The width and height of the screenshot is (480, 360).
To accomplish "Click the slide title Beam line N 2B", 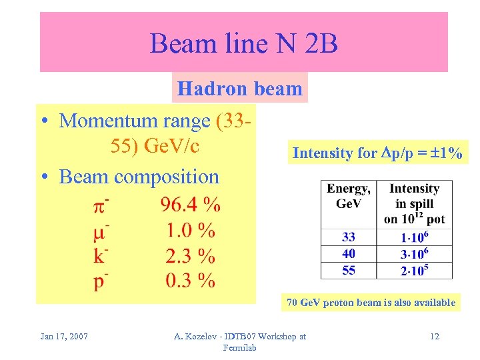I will pyautogui.click(x=244, y=44).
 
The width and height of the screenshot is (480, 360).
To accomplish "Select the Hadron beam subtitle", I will pyautogui.click(x=240, y=88).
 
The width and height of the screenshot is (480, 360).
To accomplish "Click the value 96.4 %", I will pyautogui.click(x=190, y=204).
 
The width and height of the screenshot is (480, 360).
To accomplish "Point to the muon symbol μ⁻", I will pyautogui.click(x=101, y=231).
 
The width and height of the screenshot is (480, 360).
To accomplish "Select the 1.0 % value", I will pyautogui.click(x=190, y=230).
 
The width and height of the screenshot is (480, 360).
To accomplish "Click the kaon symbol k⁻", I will pyautogui.click(x=101, y=256).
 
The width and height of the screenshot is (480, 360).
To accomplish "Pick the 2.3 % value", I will pyautogui.click(x=190, y=255).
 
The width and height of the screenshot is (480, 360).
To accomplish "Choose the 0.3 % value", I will pyautogui.click(x=190, y=281).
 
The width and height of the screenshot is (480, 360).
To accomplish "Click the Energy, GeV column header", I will pyautogui.click(x=349, y=196).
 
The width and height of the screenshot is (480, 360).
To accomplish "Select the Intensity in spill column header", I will pyautogui.click(x=414, y=203).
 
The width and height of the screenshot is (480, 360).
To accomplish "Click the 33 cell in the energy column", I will pyautogui.click(x=349, y=237).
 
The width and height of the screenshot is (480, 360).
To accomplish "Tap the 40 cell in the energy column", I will pyautogui.click(x=349, y=253).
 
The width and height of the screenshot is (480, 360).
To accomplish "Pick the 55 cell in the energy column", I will pyautogui.click(x=349, y=270).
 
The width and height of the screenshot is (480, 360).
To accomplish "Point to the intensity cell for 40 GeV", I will pyautogui.click(x=414, y=253).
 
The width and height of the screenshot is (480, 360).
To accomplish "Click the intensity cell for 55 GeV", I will pyautogui.click(x=414, y=270).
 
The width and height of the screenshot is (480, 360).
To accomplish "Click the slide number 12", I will pyautogui.click(x=435, y=336).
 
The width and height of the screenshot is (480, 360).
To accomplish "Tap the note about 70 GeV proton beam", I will pyautogui.click(x=371, y=303).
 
